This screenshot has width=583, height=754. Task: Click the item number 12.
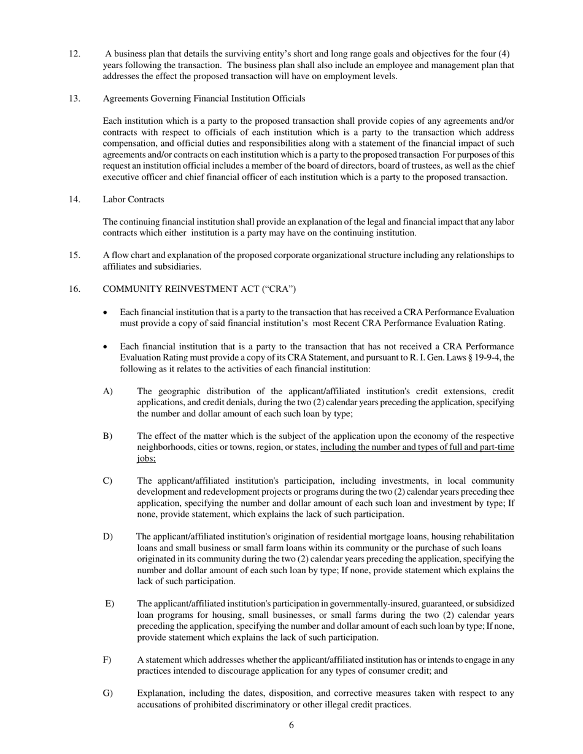pyautogui.click(x=74, y=54)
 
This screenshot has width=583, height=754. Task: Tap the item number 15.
pyautogui.click(x=74, y=256)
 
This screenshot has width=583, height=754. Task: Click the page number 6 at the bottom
pyautogui.click(x=291, y=726)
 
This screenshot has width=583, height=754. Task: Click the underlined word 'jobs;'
pyautogui.click(x=146, y=459)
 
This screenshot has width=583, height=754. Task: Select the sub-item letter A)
pyautogui.click(x=107, y=392)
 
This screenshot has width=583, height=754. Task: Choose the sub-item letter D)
pyautogui.click(x=107, y=537)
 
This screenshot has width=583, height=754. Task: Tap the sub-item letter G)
pyautogui.click(x=107, y=694)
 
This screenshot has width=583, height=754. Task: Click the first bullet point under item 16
pyautogui.click(x=107, y=313)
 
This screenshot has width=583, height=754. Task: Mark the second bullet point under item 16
pyautogui.click(x=107, y=347)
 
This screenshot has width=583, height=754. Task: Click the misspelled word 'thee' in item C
pyautogui.click(x=506, y=492)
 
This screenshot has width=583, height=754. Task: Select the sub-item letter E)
pyautogui.click(x=109, y=604)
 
